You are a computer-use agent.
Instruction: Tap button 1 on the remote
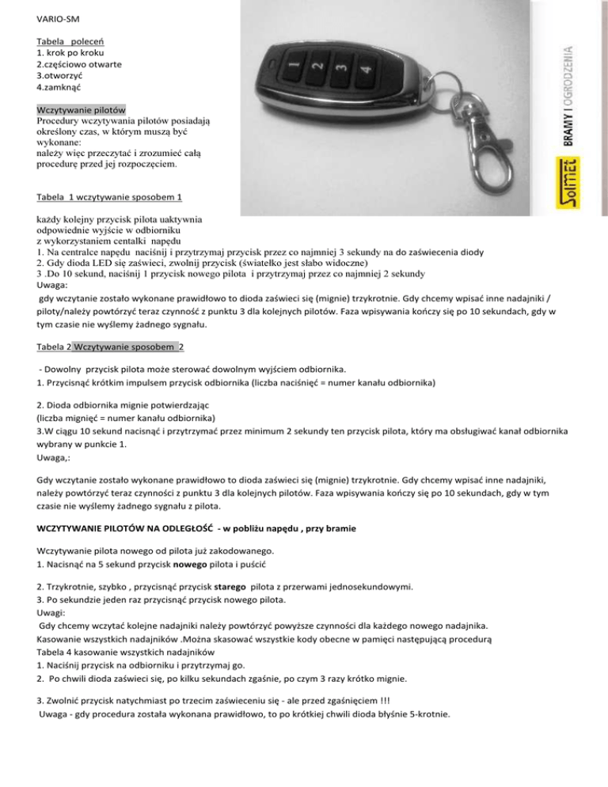(292, 63)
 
